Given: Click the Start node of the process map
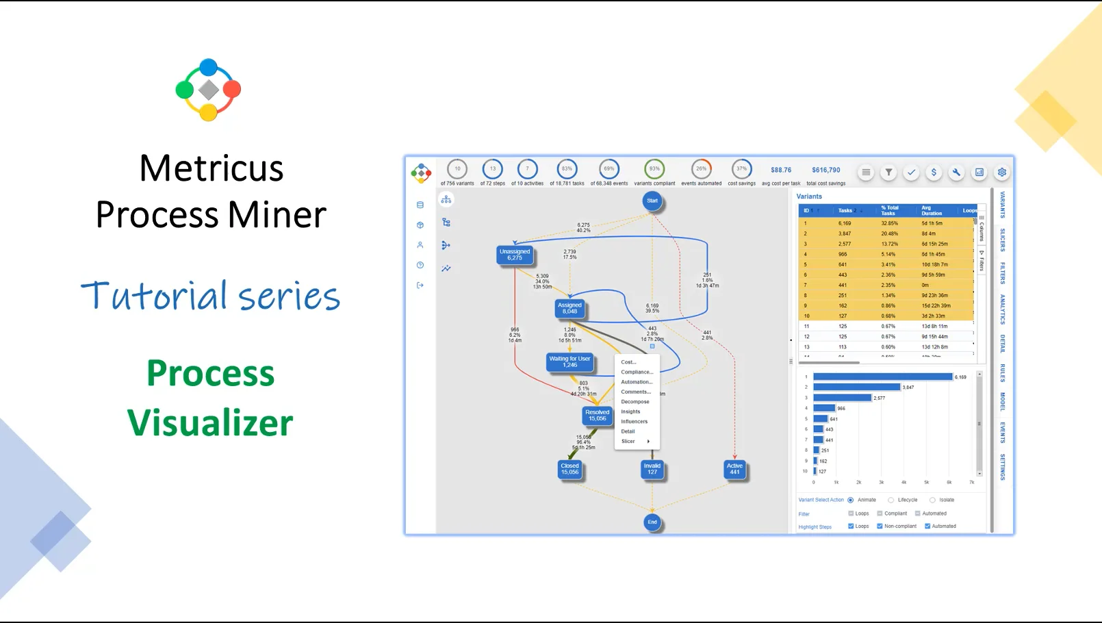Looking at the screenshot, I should coord(652,201).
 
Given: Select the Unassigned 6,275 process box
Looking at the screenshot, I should coord(515,255).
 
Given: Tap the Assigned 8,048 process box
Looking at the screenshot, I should coord(569,309).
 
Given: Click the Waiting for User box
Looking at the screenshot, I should coord(569,361).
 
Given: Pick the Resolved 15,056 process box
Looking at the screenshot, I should coord(597,416).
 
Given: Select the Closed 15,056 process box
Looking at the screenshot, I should coord(569,469).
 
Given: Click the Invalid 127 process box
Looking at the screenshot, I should coord(652,469).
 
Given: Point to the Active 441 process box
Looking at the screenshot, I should coord(734,469).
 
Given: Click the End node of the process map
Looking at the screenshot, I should coord(652,522).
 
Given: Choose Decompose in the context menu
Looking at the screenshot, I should coord(635,402).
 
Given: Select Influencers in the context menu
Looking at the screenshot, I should coord(634,422).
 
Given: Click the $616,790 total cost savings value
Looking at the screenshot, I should coord(825,170).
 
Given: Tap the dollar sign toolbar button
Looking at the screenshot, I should coord(934,173).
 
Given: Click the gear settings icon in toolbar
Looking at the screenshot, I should coord(1001,173).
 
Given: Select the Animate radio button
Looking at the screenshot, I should coord(851,500).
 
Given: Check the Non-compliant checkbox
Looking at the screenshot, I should coord(880,526).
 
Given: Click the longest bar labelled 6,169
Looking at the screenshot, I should coord(882,377).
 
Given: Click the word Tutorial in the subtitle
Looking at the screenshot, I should coord(154,296).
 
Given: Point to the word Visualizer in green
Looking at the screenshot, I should coord(210,422).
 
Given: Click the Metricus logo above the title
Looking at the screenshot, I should coord(208,90).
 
